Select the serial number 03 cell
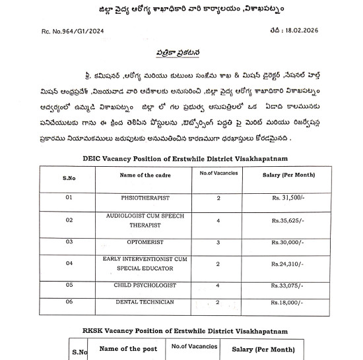69,242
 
